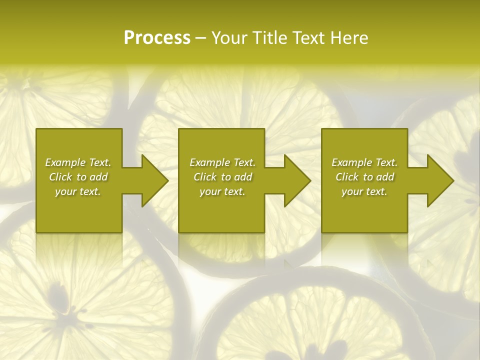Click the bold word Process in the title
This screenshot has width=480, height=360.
click(157, 38)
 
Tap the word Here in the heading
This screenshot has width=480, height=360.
click(349, 38)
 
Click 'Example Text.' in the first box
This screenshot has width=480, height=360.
click(78, 162)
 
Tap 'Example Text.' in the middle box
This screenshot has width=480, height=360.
click(222, 162)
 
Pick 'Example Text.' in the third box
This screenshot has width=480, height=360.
click(364, 162)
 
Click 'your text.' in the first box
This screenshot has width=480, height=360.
click(78, 191)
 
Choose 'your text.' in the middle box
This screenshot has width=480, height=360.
click(222, 191)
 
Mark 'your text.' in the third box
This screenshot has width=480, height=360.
click(364, 191)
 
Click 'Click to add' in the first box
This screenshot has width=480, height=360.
click(78, 177)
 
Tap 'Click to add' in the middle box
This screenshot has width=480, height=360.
click(222, 177)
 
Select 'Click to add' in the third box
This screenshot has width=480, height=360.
click(364, 177)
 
